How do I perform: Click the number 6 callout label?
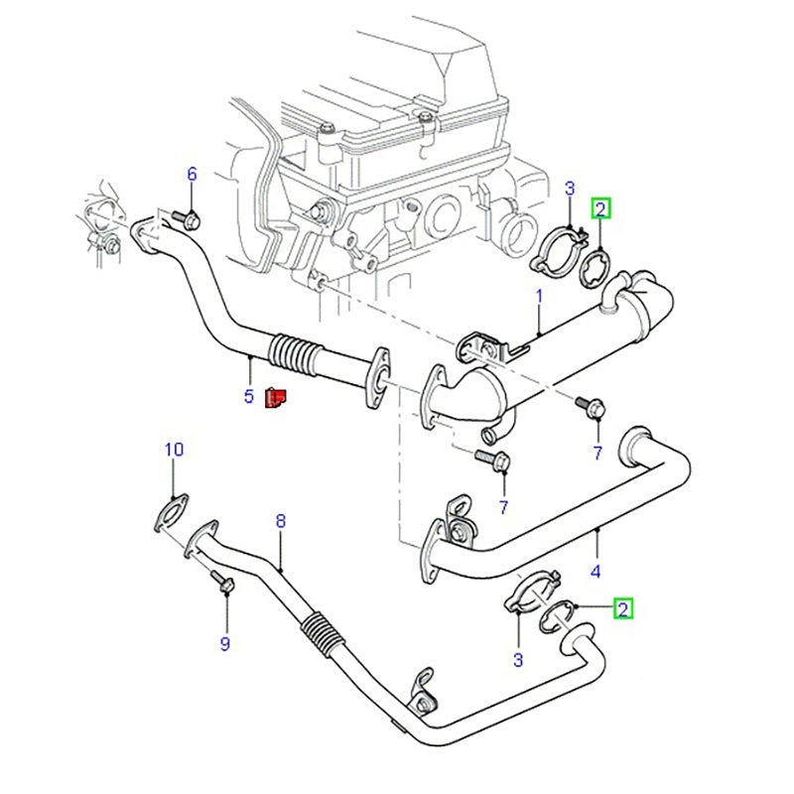coord(193,174)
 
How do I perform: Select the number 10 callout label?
coord(174,450)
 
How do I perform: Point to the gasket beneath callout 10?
coord(172,514)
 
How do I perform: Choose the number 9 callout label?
coord(224,644)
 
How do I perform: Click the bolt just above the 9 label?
coord(224,585)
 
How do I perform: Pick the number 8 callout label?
coord(281,519)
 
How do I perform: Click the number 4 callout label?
coord(596,570)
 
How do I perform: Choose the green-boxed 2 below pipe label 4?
coord(622,607)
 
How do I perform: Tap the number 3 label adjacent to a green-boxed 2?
coord(518,660)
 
